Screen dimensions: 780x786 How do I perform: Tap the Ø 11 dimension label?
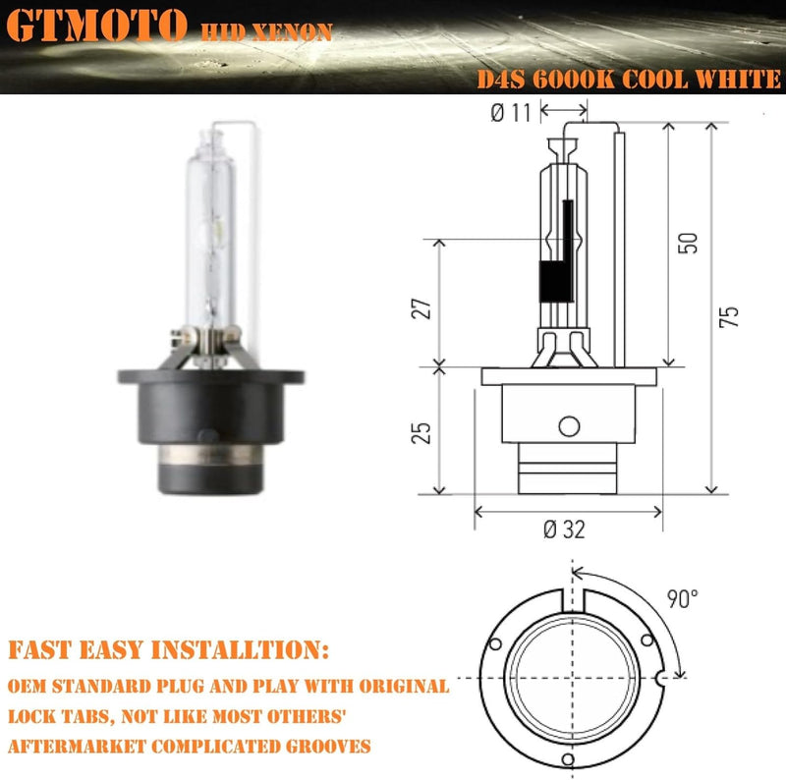510,114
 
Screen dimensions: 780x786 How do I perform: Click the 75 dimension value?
728,315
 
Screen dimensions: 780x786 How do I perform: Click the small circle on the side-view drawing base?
567,426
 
